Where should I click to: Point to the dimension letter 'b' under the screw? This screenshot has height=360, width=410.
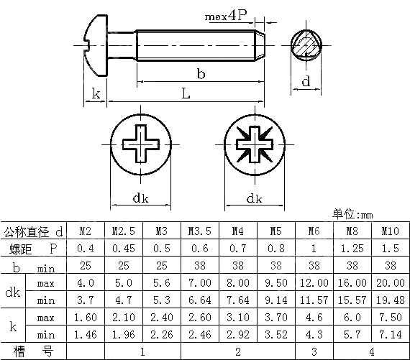(201, 73)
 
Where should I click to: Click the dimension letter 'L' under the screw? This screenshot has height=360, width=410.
(186, 93)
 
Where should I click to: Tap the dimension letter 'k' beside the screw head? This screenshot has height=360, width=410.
(95, 93)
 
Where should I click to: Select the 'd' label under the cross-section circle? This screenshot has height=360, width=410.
(306, 81)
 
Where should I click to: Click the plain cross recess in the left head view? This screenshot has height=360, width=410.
(142, 144)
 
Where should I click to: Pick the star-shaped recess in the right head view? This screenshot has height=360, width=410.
(254, 144)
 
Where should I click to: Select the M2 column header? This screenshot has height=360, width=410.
(85, 231)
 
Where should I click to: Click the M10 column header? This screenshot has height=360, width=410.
(389, 231)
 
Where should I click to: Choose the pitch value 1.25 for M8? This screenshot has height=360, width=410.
(352, 249)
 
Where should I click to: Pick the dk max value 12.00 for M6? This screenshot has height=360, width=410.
(314, 283)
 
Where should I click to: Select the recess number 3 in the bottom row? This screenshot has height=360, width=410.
(314, 351)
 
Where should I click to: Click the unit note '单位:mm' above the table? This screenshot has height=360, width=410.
(352, 214)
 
